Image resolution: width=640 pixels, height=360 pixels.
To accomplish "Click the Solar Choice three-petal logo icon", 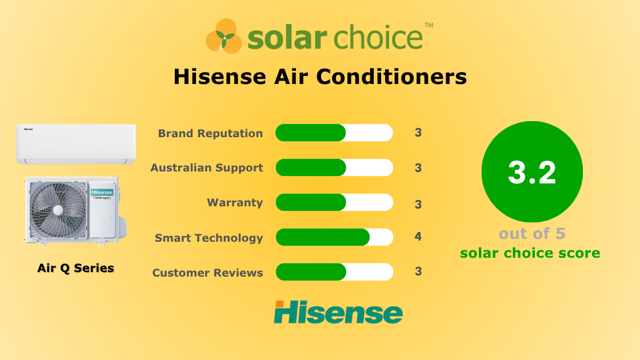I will pos(224,36).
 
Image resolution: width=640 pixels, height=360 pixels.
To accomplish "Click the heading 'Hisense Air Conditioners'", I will pos(320,77).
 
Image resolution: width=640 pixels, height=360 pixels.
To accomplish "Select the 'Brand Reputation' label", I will pos(210,133).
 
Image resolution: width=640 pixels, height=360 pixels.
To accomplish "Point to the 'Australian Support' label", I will pos(206,168).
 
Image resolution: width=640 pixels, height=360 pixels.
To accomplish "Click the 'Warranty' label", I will pos(235,203).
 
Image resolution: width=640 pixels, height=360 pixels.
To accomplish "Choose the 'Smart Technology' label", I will pos(209,238).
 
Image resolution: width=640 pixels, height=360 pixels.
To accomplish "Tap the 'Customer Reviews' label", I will pos(207,273).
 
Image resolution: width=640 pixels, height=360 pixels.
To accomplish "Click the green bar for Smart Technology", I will pos(323,237).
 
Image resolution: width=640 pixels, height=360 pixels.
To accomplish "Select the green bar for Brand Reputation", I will pos(311,133).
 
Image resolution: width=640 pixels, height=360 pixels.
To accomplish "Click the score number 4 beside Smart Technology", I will pos(418,237).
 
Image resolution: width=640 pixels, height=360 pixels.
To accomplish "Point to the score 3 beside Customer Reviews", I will pos(418,271).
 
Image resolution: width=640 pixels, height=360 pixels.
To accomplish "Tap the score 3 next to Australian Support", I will pos(418,167).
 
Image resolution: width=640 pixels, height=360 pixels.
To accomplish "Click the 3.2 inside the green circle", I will pos(532,173).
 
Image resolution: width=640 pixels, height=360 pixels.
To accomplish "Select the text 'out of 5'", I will pos(532,234).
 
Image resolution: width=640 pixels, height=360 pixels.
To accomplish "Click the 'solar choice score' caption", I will pos(530,253).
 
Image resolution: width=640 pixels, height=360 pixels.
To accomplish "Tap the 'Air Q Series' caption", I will pos(75,268).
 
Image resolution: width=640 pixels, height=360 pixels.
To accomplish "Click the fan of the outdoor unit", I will pos(58,210).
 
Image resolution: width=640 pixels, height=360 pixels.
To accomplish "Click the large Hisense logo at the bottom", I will pos(338,312).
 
